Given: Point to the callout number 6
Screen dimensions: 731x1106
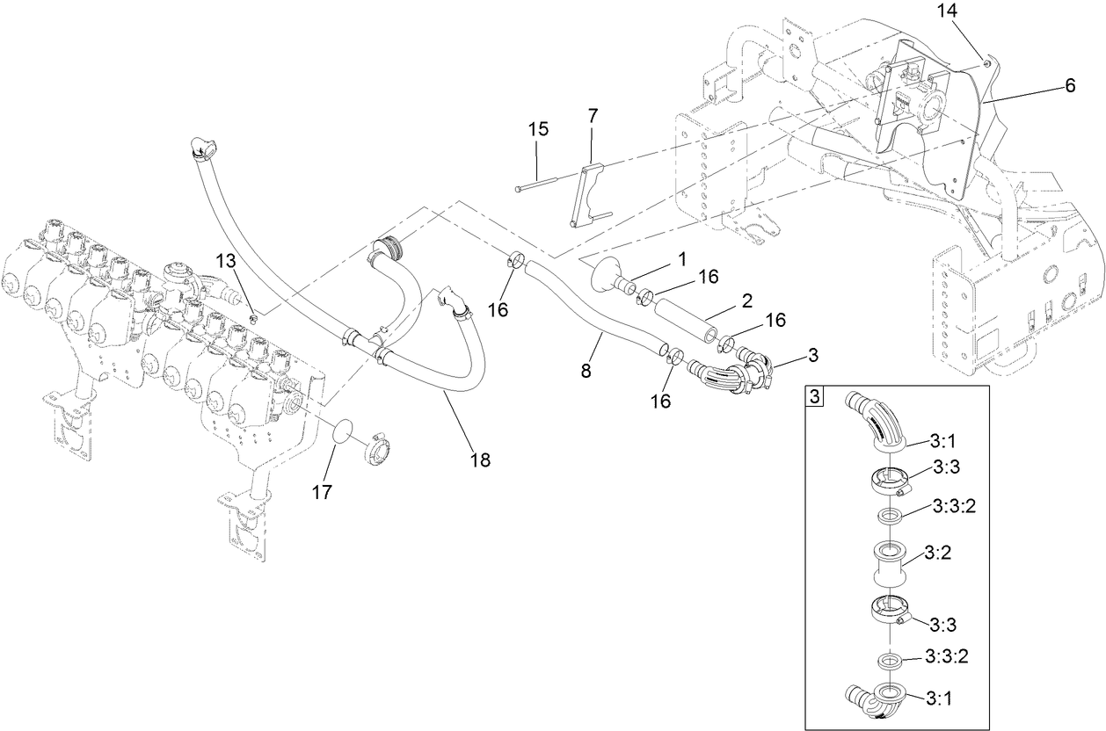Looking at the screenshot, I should pyautogui.click(x=1069, y=85).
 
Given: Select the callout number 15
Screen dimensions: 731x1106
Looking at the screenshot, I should pyautogui.click(x=538, y=129).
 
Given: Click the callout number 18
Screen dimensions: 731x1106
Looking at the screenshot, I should pyautogui.click(x=480, y=459).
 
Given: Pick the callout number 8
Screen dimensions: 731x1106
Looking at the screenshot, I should pyautogui.click(x=586, y=371).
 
